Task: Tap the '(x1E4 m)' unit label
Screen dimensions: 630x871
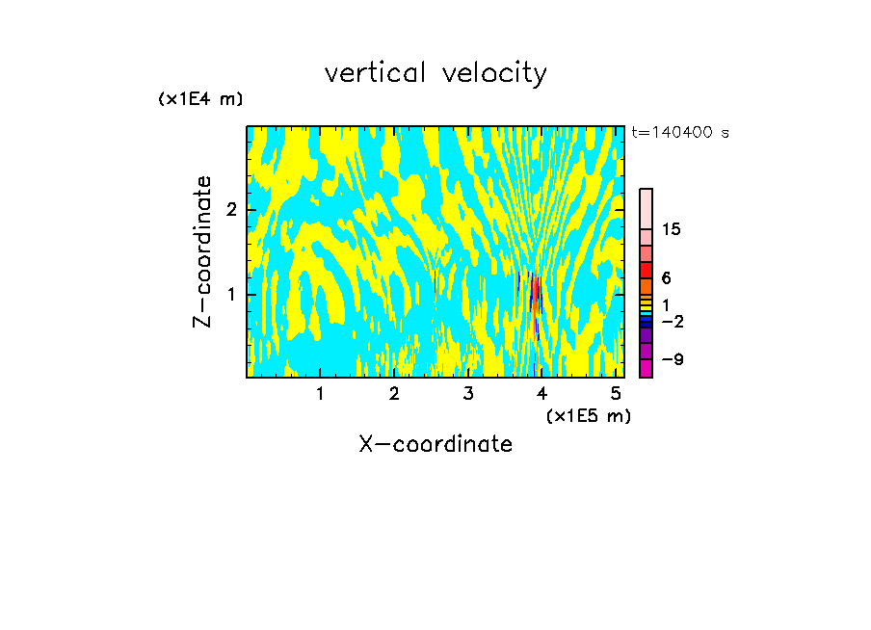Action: (x=200, y=98)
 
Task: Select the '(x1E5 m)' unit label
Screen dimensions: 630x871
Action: (x=588, y=415)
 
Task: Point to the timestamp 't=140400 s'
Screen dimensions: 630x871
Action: (x=679, y=133)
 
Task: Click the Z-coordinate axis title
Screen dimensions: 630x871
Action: (x=202, y=251)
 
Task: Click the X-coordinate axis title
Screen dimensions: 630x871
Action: (x=435, y=444)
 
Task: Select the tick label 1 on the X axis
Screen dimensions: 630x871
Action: (x=320, y=393)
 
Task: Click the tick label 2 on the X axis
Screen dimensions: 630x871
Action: (x=394, y=393)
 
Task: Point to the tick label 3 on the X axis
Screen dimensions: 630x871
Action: (x=468, y=393)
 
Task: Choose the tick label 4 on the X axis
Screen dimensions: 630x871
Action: (x=542, y=393)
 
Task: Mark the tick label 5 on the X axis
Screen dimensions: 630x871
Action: (x=616, y=393)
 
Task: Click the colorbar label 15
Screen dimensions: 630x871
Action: (x=672, y=229)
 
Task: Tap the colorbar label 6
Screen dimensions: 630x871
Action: (x=666, y=277)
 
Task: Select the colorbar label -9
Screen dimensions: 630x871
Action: (x=672, y=359)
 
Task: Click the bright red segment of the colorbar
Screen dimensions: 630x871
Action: (x=647, y=270)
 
